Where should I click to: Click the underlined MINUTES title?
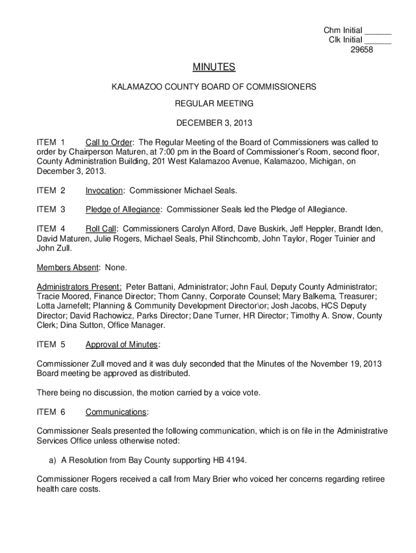[214, 67]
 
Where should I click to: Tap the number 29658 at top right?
[362, 50]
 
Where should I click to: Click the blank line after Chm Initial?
[378, 31]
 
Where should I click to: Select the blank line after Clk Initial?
[378, 41]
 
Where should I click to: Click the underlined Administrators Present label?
[79, 286]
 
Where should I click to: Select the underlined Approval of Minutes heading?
[122, 345]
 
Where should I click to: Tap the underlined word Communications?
[116, 412]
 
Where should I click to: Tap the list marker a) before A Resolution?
[46, 461]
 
